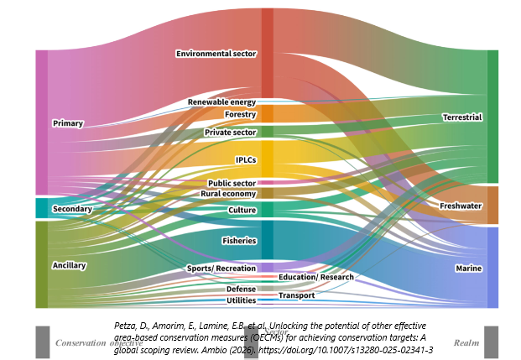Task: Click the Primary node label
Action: [68, 123]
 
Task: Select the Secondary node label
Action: [72, 208]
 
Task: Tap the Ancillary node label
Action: [70, 265]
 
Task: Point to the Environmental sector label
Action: [216, 54]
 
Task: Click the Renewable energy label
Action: [221, 102]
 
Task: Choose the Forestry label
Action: [240, 114]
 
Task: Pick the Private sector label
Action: [230, 133]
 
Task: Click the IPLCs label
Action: [246, 159]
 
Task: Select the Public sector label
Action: [232, 183]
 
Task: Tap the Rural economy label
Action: [228, 194]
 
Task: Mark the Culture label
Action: [242, 210]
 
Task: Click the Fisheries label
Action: [238, 240]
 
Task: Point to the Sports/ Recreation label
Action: [221, 268]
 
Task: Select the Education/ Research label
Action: [316, 277]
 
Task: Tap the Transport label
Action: [296, 295]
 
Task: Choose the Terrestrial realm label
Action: [462, 117]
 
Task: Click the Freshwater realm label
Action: [461, 206]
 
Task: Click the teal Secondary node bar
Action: [41, 208]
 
